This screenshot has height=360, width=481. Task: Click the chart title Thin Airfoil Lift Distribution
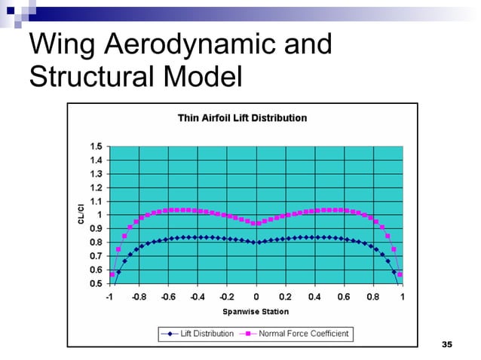pos(242,118)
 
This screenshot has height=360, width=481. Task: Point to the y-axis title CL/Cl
pos(81,214)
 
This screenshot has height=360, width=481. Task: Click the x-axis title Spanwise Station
pos(255,311)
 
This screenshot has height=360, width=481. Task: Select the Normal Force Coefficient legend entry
pos(294,333)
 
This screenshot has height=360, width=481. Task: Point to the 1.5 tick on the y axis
pos(96,146)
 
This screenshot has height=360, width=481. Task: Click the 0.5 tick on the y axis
pos(96,283)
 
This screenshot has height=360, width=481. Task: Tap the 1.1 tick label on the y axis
pos(96,201)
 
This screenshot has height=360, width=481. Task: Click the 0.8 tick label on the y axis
pos(96,243)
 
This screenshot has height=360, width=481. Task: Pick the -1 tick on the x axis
pos(110,297)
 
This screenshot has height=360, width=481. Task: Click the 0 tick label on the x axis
pos(256,297)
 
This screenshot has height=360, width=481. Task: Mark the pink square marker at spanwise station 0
pos(256,224)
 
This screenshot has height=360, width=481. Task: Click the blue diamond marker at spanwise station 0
pos(256,242)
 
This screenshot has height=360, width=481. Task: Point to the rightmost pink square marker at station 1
pos(400,274)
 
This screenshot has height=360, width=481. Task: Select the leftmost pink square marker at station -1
pos(112,274)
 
